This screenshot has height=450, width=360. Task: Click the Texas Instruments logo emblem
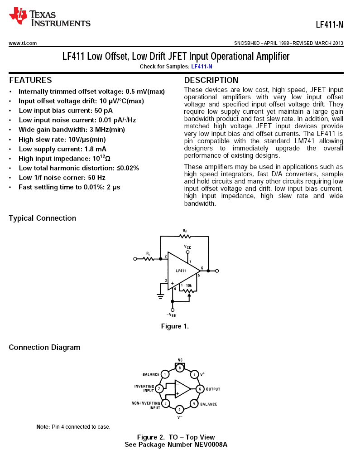(18, 16)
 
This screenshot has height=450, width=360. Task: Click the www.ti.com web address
(23, 43)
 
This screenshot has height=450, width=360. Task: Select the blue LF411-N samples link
(202, 67)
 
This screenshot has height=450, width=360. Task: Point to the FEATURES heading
(30, 80)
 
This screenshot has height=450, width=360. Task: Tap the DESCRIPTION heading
(211, 80)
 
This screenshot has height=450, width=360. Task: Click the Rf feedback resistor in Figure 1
(185, 236)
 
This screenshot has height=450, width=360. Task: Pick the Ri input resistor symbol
(149, 259)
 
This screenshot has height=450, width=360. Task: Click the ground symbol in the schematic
(161, 296)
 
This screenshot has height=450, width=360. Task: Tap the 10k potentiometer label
(189, 285)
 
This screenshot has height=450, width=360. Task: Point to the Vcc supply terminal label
(187, 247)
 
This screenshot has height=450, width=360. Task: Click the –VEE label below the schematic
(171, 315)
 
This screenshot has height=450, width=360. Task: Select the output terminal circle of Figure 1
(217, 271)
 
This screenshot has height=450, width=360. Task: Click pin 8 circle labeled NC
(180, 368)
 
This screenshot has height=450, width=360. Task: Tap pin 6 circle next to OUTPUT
(200, 389)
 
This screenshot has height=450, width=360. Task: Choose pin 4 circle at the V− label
(180, 409)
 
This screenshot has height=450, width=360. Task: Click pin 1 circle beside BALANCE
(165, 374)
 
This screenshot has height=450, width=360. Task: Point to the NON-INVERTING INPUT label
(146, 405)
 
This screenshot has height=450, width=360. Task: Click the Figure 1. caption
(175, 326)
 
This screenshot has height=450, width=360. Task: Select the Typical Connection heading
(43, 218)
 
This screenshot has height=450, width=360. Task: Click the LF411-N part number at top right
(329, 24)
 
